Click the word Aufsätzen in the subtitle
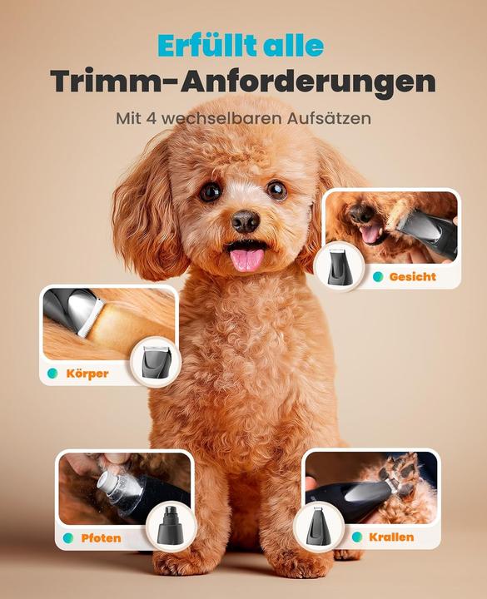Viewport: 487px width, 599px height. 321,118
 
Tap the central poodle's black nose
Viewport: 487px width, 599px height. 245,220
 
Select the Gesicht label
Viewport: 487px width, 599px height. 412,276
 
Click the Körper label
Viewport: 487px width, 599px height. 87,374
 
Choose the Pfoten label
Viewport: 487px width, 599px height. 101,537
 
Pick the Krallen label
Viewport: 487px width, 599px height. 391,537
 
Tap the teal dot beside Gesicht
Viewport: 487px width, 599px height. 378,276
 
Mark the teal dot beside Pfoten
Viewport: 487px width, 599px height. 68,537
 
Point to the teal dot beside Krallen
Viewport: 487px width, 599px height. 357,537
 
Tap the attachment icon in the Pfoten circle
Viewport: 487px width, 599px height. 171,526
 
